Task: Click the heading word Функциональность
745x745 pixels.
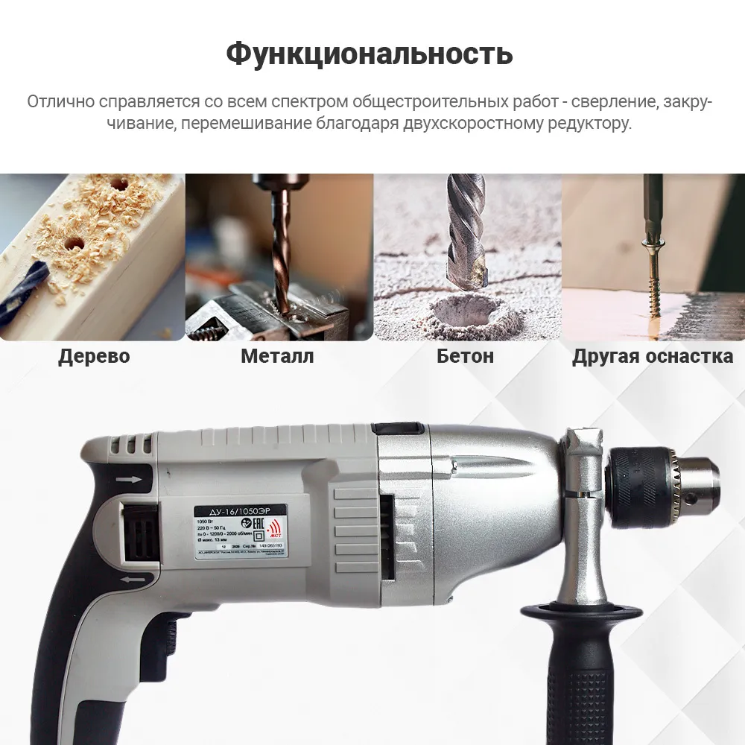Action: pyautogui.click(x=370, y=54)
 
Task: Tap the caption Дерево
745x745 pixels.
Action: pyautogui.click(x=94, y=356)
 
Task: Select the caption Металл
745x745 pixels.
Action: pyautogui.click(x=277, y=356)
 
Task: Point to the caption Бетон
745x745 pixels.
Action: pyautogui.click(x=465, y=356)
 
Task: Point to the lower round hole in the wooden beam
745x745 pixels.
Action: pyautogui.click(x=73, y=242)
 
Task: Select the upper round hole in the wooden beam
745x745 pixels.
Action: pyautogui.click(x=117, y=182)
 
